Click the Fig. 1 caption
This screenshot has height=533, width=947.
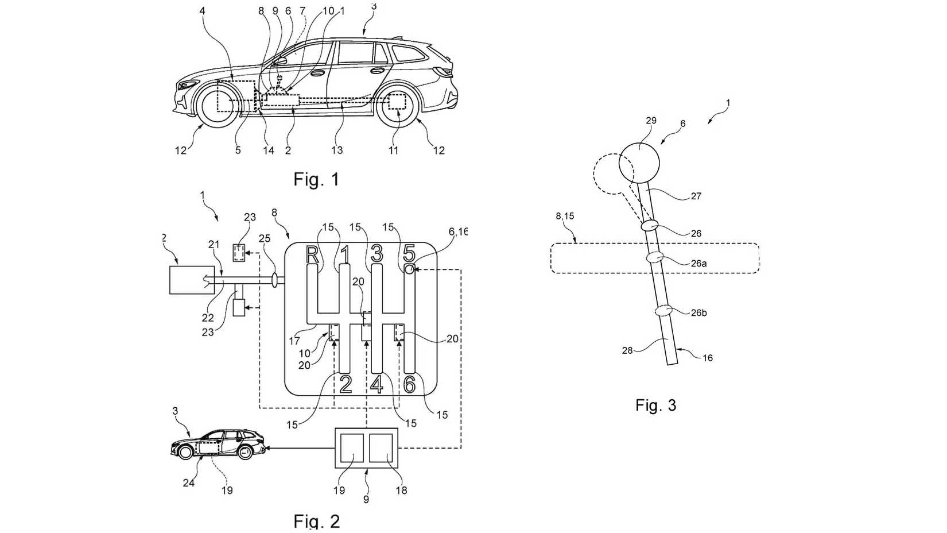[x=316, y=179]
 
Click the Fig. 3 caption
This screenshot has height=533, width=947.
[x=655, y=405]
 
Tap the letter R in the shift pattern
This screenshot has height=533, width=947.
[x=312, y=254]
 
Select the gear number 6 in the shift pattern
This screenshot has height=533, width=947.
[x=409, y=384]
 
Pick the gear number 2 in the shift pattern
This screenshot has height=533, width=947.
[x=346, y=384]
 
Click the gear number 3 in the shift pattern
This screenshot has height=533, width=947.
[x=377, y=253]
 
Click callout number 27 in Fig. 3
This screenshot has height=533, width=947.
[x=696, y=196]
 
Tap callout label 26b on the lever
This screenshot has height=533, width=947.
[x=698, y=313]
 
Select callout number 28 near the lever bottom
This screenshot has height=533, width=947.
[x=627, y=350]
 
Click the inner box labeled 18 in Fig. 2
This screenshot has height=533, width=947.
[x=381, y=448]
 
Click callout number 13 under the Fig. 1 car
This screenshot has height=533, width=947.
[x=337, y=150]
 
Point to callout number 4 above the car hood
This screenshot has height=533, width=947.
[x=202, y=10]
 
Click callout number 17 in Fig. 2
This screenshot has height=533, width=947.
[x=294, y=341]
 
